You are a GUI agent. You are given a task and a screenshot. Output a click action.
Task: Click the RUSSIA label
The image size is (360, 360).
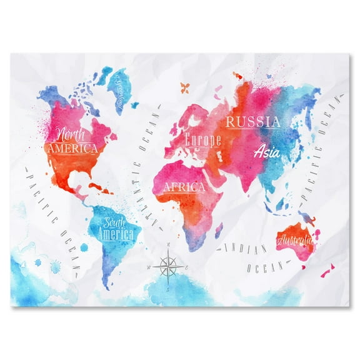(252, 121)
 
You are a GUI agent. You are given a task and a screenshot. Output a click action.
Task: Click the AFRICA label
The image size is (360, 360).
(184, 186)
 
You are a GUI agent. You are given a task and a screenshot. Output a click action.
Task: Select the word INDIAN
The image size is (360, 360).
(244, 248)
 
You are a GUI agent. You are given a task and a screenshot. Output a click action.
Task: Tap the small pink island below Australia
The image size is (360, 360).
(326, 273)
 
